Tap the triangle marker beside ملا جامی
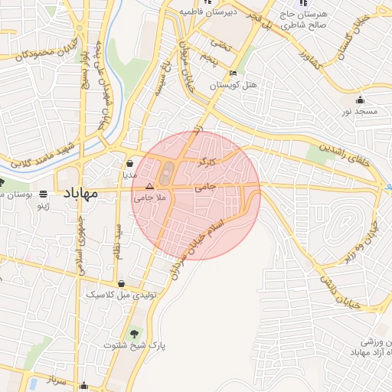(x=150, y=186)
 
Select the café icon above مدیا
(x=130, y=164)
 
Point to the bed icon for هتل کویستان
(x=232, y=73)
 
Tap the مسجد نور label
(x=360, y=111)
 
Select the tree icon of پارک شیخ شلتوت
(x=136, y=333)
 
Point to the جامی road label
(x=206, y=186)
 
